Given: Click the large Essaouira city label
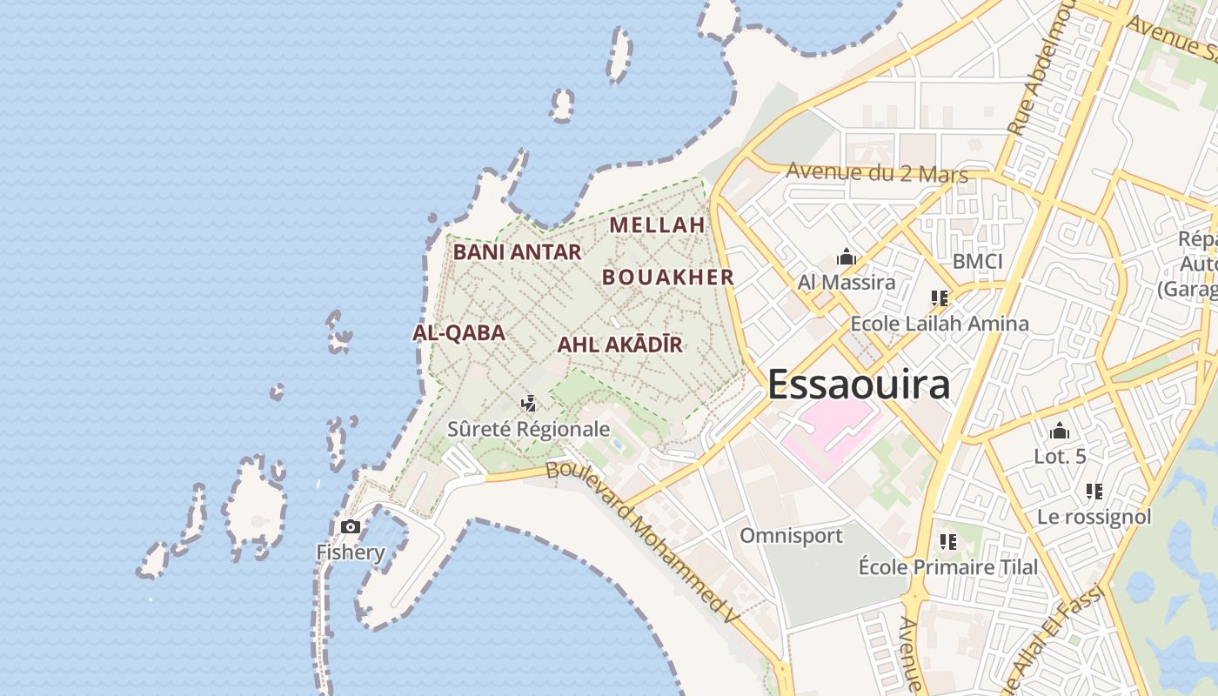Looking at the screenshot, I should coord(858,384).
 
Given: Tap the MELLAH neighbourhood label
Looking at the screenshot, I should coord(657,224).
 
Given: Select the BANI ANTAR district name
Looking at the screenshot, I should coord(517,252).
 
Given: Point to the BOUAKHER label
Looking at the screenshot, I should coord(668,278).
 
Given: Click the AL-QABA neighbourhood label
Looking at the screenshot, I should coord(458,332).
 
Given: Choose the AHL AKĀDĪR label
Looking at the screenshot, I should coord(619,345).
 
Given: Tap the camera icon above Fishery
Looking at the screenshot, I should coord(351,526).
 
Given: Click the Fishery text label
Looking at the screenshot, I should coord(350,552).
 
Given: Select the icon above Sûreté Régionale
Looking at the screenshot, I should coord(528,403).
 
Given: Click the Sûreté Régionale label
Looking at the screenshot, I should coord(528,429).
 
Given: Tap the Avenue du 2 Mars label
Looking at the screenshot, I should coord(876,171).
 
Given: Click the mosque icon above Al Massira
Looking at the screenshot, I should coord(846,257).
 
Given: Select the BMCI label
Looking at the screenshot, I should coord(977,261).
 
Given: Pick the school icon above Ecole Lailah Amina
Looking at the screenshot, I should coord(939,298).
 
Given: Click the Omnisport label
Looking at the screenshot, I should coord(791,535).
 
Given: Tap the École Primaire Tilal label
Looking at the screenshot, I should coord(947,567).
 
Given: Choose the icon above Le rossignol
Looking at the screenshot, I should coord(1094,492).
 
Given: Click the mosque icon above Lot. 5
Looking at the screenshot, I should coord(1059,431).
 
